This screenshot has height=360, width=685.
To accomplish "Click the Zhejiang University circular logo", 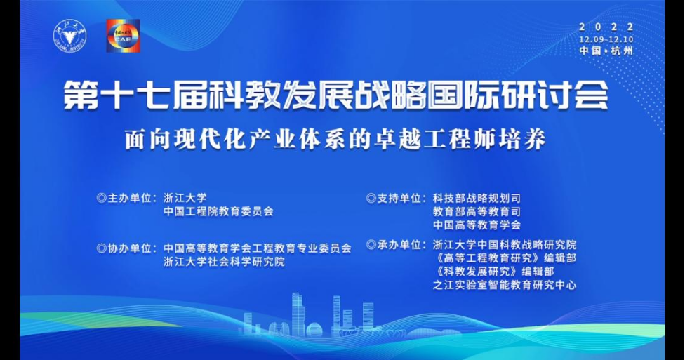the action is coord(70,36).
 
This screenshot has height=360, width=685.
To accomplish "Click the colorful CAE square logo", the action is coord(124,36).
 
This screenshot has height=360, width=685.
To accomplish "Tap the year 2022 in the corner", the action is coord(606,27).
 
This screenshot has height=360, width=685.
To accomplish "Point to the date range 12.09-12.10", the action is coord(606,39).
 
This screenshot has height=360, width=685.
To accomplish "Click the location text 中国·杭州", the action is coord(606,51).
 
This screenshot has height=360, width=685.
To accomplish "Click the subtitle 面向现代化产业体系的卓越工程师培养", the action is coord(335,140).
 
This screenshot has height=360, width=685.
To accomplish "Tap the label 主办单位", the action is coord(129,199).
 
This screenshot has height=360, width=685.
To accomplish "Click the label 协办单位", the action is coord(129,248).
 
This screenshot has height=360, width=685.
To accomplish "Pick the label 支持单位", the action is coord(399,199).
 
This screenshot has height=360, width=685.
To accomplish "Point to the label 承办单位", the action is coord(399,245).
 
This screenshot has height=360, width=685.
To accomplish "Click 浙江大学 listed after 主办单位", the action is coord(185,199).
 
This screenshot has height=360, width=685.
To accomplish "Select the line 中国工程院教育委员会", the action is coord(218,212).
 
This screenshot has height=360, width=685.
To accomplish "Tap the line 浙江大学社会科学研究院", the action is coord(224,262).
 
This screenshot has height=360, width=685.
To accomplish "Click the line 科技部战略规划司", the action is coord(477,199).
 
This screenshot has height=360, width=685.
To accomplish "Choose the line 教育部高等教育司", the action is coord(477,212).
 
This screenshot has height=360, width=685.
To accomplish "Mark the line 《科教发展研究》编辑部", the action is coord(493,272).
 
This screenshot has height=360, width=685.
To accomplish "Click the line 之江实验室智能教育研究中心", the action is coord(505,286).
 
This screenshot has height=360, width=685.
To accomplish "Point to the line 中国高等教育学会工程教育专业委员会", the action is coord(258,248).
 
